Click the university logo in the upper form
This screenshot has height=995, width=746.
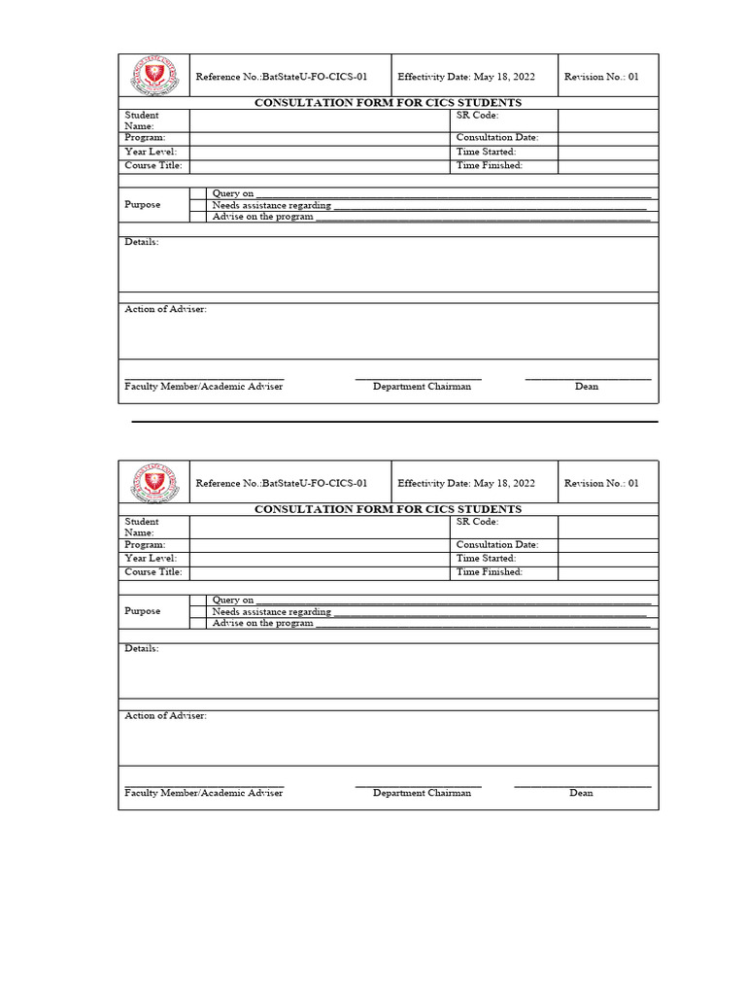pyautogui.click(x=154, y=76)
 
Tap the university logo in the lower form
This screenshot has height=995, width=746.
pyautogui.click(x=154, y=482)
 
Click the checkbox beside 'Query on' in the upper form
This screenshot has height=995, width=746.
pyautogui.click(x=198, y=193)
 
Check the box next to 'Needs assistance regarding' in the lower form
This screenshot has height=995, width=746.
pyautogui.click(x=198, y=612)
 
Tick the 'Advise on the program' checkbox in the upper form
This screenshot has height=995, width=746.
pyautogui.click(x=198, y=217)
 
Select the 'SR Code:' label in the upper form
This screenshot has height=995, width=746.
pyautogui.click(x=477, y=115)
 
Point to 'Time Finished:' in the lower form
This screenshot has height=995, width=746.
pyautogui.click(x=490, y=572)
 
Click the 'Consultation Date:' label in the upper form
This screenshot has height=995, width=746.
pyautogui.click(x=497, y=138)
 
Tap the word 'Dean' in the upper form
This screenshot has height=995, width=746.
pyautogui.click(x=587, y=387)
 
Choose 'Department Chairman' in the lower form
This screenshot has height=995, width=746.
pyautogui.click(x=422, y=793)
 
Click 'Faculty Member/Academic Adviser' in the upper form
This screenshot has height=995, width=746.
pyautogui.click(x=204, y=387)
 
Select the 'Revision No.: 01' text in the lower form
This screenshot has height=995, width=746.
pyautogui.click(x=601, y=483)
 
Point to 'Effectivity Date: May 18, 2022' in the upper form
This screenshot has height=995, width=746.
pyautogui.click(x=466, y=77)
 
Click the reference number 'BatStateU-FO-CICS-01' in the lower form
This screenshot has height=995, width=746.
pyautogui.click(x=315, y=483)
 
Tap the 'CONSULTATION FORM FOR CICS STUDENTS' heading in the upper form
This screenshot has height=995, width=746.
pyautogui.click(x=388, y=103)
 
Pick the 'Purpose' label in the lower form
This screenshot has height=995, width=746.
pyautogui.click(x=143, y=611)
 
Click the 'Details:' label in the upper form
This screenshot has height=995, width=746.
pyautogui.click(x=142, y=242)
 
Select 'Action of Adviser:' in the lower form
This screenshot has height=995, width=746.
pyautogui.click(x=165, y=716)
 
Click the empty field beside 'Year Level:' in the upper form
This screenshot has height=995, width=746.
pyautogui.click(x=320, y=152)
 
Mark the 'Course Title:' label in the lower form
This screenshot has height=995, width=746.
pyautogui.click(x=153, y=572)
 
